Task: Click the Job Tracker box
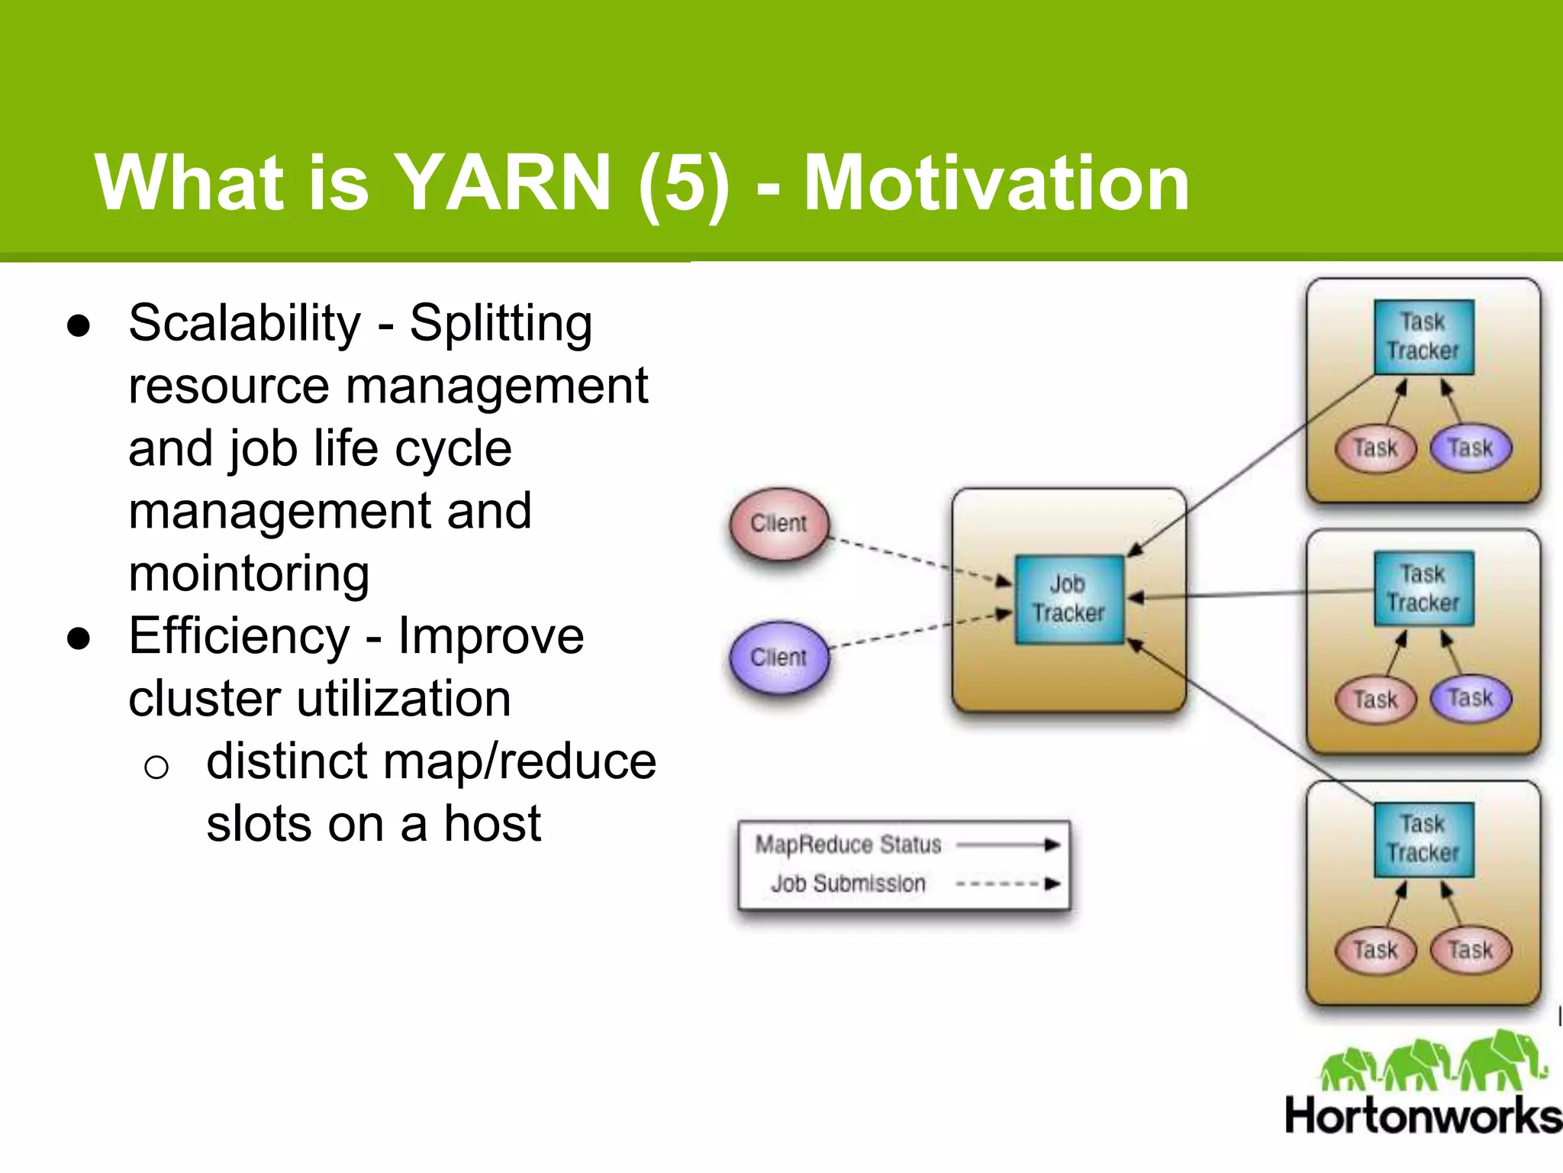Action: tap(1068, 599)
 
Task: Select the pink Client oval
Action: tap(778, 524)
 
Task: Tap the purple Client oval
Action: tap(778, 658)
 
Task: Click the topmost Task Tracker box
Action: tap(1423, 337)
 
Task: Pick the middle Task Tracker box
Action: tap(1423, 588)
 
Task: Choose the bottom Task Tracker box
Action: tap(1423, 839)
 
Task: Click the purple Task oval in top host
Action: tap(1470, 448)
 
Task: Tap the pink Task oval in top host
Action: tap(1375, 448)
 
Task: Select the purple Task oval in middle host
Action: tap(1470, 699)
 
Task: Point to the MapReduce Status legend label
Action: tap(848, 845)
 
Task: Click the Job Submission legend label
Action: tap(848, 884)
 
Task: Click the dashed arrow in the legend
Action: tap(1007, 884)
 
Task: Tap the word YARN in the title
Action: tap(504, 183)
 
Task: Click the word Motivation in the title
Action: tap(996, 183)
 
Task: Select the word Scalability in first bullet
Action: tap(244, 324)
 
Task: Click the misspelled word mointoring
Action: tap(249, 574)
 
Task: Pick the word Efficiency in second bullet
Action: tap(239, 637)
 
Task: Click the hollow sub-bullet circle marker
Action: tap(156, 766)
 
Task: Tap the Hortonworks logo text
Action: tap(1423, 1116)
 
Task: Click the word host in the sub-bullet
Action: tap(492, 825)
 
